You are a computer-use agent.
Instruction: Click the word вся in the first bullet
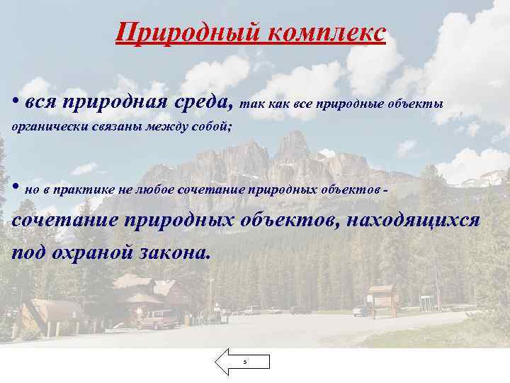click(40, 104)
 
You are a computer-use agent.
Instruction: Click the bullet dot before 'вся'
click(15, 101)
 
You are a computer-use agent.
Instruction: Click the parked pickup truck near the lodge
click(157, 320)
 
